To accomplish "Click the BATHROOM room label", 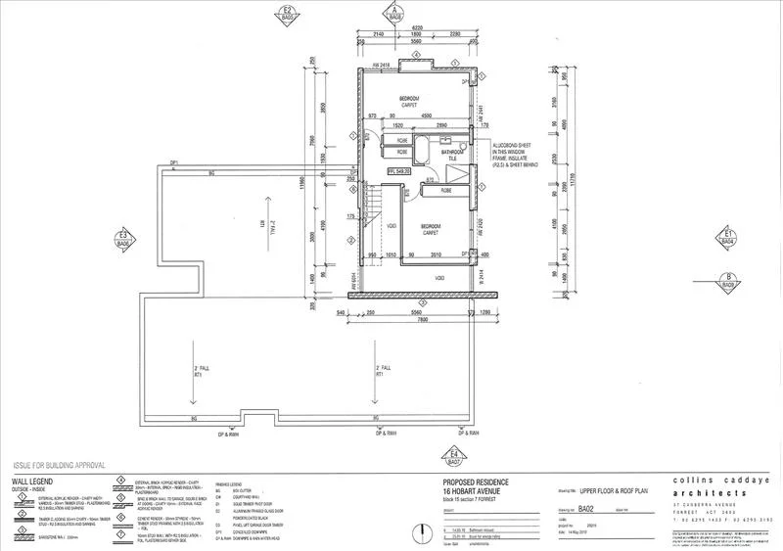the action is (451, 153).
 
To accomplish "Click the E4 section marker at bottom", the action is (454, 454).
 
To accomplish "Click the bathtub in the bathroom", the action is (424, 153).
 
